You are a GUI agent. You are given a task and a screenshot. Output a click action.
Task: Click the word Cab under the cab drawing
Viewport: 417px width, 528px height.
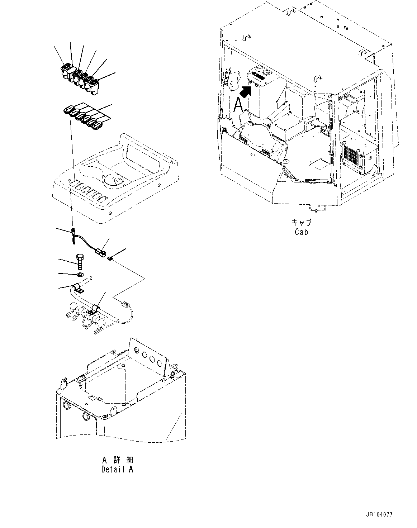(x=302, y=232)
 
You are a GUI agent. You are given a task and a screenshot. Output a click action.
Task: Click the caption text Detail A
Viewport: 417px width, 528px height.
(x=117, y=469)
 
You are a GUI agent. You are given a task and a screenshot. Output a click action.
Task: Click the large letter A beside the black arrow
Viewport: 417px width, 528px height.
(x=238, y=105)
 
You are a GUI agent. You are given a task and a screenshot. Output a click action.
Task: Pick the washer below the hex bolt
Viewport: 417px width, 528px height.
(x=80, y=275)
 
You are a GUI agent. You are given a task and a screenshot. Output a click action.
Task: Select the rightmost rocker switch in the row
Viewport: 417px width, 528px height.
(x=94, y=87)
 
